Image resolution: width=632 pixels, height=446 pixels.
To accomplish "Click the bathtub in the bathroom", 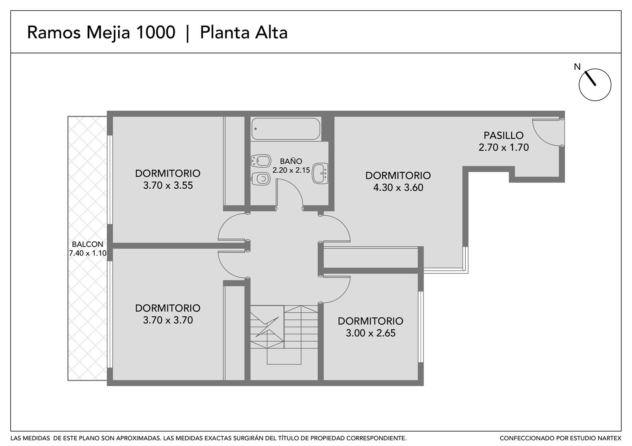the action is click(x=286, y=129).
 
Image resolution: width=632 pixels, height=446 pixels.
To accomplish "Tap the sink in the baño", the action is click(x=320, y=173).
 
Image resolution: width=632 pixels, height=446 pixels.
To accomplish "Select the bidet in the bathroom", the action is click(x=261, y=161).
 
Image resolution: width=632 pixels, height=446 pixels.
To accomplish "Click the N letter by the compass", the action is click(x=577, y=67).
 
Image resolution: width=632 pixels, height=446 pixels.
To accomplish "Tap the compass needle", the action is click(x=590, y=78).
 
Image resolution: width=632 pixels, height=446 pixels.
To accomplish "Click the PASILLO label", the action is click(x=504, y=135).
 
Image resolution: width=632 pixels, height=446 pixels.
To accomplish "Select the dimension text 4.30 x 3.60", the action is click(x=398, y=187).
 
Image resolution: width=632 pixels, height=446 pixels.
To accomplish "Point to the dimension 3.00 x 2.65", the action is click(x=371, y=333).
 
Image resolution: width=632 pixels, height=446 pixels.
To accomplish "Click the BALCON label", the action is click(x=87, y=244).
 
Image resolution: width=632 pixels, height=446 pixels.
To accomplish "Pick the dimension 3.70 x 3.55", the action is click(x=168, y=185).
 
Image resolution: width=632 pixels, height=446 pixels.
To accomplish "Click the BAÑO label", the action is click(x=291, y=161).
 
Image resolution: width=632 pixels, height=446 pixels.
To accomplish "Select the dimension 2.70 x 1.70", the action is click(x=504, y=147).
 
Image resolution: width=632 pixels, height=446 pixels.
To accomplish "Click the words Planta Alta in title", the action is click(x=244, y=33).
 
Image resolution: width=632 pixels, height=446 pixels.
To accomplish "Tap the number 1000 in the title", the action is click(x=156, y=32).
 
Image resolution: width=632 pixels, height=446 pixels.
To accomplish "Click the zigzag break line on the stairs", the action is click(x=267, y=327).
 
